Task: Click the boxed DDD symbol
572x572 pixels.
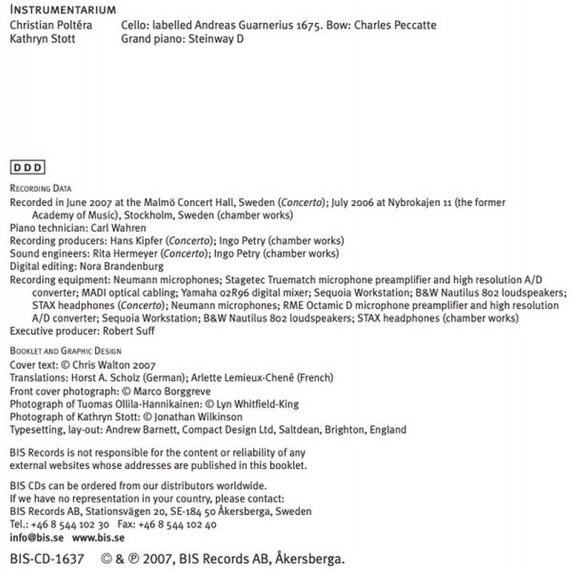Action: [28, 168]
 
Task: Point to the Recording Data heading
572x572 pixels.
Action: [41, 189]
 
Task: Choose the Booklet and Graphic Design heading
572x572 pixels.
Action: [66, 351]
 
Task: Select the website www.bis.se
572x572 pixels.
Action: [94, 537]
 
